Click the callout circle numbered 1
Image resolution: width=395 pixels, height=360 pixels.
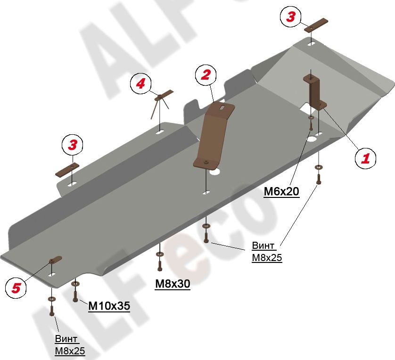[365, 158]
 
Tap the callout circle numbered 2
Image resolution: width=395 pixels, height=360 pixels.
[206, 75]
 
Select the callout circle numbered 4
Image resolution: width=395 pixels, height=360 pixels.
[140, 83]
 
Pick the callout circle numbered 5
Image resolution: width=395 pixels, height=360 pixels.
[16, 287]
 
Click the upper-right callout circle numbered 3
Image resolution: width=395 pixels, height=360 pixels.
[291, 16]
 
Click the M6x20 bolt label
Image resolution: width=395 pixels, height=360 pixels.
[281, 192]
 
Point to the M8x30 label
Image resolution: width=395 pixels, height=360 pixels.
[173, 284]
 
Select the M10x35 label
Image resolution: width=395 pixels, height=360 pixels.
[109, 306]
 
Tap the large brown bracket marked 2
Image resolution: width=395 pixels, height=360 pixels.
[214, 135]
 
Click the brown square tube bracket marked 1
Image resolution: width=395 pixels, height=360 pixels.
[315, 92]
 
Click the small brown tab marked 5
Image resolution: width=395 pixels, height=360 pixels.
[56, 259]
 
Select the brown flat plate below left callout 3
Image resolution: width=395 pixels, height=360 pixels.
[67, 170]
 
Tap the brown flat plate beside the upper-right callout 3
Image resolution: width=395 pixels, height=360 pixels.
[316, 25]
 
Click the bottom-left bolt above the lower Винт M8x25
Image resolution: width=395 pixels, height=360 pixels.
[52, 311]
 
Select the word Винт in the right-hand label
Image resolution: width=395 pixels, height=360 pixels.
[263, 245]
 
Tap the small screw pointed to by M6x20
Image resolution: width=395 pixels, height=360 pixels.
[311, 126]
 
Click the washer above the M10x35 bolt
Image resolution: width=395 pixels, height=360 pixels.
[75, 284]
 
